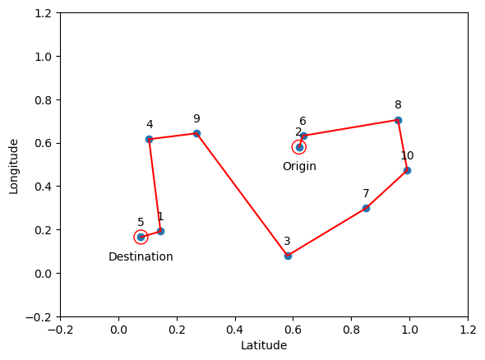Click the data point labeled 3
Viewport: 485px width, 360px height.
[x=288, y=256]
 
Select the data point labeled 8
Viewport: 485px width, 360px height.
[x=398, y=120]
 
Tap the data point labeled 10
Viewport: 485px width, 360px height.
[x=407, y=170]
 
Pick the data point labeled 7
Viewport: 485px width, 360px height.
[x=366, y=208]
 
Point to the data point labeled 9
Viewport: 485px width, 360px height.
[x=196, y=133]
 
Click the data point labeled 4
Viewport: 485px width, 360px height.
[x=149, y=139]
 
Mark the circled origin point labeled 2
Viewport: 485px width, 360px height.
[x=299, y=147]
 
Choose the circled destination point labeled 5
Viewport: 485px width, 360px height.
[x=141, y=237]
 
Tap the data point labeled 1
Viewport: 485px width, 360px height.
[x=160, y=231]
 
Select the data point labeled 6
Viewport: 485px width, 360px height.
[x=303, y=136]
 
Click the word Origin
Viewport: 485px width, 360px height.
[x=299, y=167]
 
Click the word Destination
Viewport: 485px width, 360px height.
[x=141, y=257]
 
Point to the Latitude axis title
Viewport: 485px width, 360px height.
[x=264, y=346]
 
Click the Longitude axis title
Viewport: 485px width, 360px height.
[x=14, y=165]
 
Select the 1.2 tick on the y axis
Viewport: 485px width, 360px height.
[x=43, y=13]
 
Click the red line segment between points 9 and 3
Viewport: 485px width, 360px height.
[x=242, y=195]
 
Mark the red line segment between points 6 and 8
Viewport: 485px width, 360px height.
[x=351, y=127]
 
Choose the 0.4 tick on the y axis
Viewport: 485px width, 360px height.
[x=43, y=187]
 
